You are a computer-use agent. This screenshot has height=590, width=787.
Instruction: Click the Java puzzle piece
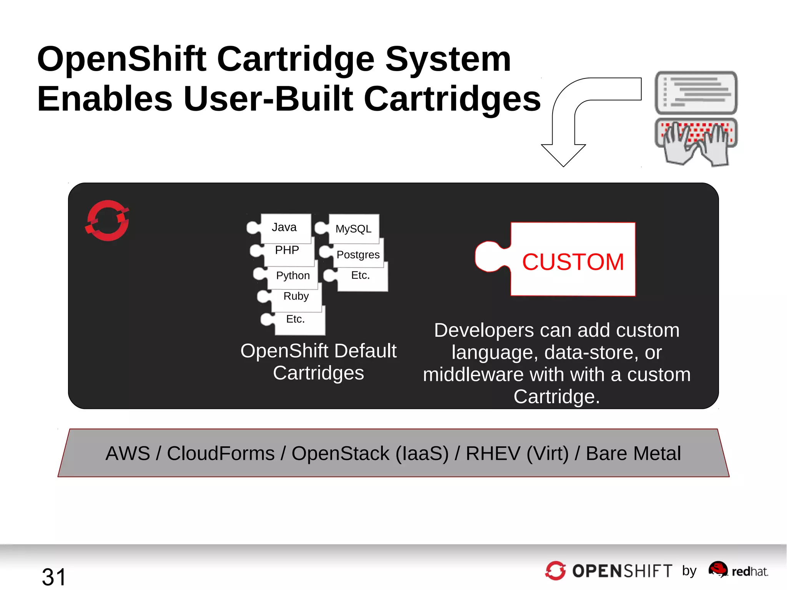(x=284, y=228)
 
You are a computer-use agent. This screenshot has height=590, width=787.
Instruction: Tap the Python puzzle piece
(x=292, y=276)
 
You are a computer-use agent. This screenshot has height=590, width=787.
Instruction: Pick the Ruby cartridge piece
(x=296, y=296)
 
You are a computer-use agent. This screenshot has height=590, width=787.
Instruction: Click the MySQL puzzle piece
(x=353, y=229)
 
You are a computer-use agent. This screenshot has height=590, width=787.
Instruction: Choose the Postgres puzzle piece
(x=358, y=255)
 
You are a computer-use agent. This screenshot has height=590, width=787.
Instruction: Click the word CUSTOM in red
(x=573, y=262)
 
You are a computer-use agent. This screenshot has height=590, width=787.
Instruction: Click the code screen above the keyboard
(x=696, y=92)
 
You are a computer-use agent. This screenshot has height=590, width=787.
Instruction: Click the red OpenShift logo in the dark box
(x=107, y=221)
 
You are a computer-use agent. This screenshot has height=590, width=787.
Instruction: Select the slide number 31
(x=54, y=577)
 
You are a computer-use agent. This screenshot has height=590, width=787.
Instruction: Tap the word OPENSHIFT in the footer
(x=622, y=571)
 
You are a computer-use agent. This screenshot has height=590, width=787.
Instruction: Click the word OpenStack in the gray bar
(x=340, y=454)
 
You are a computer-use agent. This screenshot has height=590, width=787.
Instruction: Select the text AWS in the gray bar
(x=128, y=454)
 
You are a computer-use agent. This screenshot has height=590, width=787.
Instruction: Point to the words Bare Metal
(x=633, y=454)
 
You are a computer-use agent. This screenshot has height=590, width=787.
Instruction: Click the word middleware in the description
(x=473, y=375)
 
